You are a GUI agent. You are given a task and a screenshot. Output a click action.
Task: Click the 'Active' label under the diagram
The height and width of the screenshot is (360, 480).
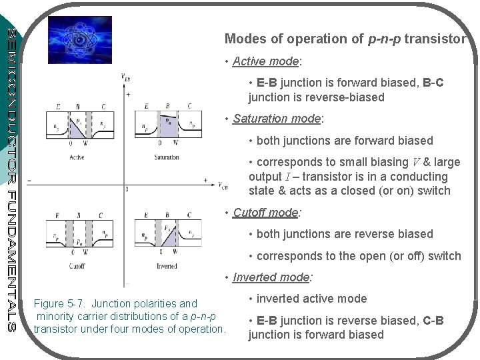click(x=77, y=158)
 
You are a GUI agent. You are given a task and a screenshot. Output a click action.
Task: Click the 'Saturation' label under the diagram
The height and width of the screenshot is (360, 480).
click(x=166, y=158)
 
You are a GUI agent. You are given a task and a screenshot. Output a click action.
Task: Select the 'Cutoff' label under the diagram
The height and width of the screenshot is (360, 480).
click(x=76, y=265)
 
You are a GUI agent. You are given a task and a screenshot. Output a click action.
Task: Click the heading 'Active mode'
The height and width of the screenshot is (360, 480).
click(x=266, y=62)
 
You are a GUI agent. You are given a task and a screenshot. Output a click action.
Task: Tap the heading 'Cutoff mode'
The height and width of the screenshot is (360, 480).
click(x=265, y=213)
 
